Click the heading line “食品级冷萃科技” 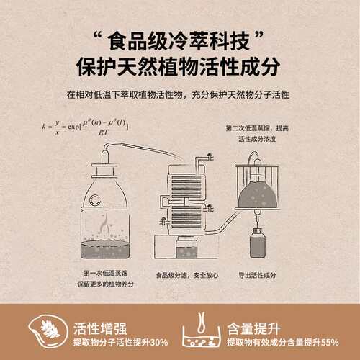click(180, 38)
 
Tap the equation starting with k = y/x click(85, 126)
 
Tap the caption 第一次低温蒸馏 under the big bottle click(104, 274)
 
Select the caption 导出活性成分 click(257, 274)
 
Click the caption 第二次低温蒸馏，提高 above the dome click(256, 127)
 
